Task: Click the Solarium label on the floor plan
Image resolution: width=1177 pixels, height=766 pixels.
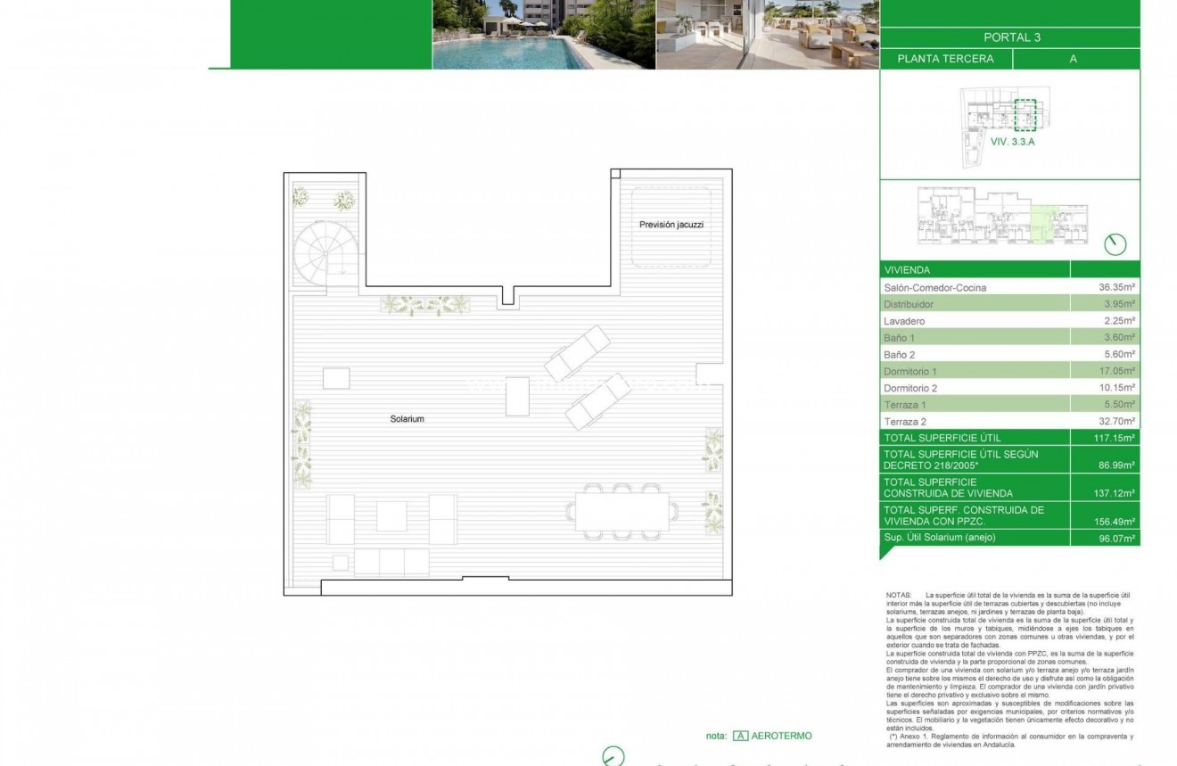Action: click(407, 419)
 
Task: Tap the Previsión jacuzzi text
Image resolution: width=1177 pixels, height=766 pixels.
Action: click(671, 225)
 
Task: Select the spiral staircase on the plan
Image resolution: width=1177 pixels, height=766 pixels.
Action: click(325, 253)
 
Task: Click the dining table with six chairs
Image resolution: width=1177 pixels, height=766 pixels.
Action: click(621, 512)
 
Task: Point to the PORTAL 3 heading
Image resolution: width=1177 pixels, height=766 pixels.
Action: click(1011, 37)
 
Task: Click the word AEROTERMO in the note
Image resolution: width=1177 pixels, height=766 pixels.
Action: click(782, 736)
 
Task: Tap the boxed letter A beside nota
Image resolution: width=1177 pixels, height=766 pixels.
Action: click(740, 736)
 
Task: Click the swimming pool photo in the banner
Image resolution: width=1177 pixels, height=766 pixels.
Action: click(543, 34)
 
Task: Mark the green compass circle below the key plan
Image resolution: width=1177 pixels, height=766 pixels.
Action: click(1115, 244)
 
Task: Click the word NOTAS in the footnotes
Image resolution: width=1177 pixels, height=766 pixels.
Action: click(899, 595)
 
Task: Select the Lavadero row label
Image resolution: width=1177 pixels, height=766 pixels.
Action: click(904, 321)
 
